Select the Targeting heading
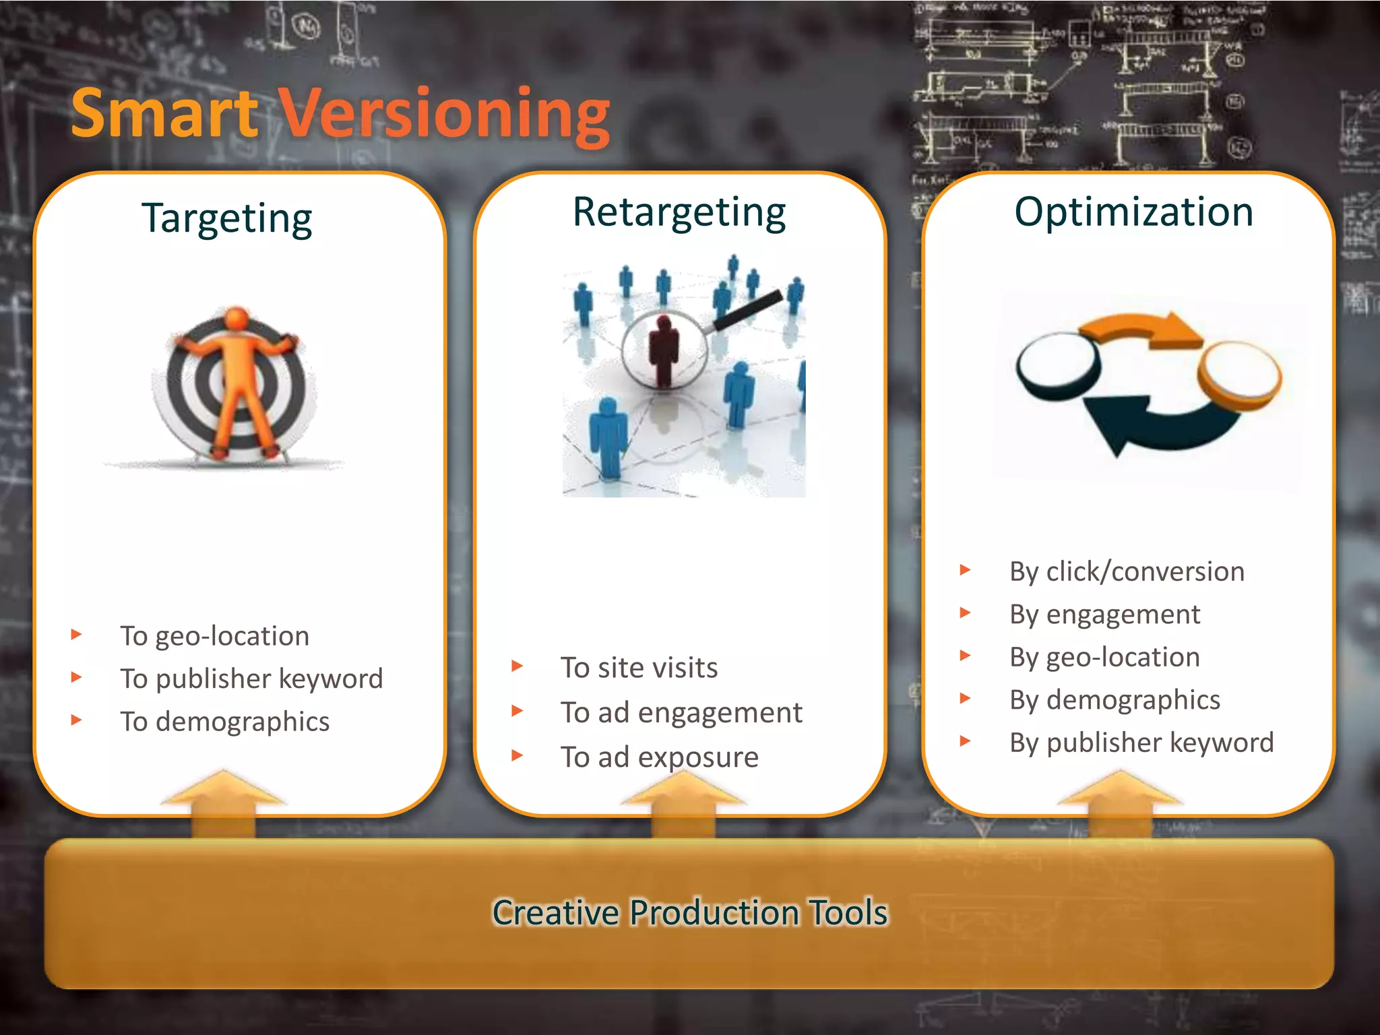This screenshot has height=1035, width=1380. pos(227,218)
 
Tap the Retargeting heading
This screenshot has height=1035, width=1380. pos(679,212)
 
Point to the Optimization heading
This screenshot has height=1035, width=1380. pos(1134,212)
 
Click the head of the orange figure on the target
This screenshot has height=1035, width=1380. pos(237,318)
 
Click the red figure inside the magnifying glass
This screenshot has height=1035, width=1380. pos(664,350)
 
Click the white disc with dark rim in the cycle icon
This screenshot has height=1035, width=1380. pos(1057,364)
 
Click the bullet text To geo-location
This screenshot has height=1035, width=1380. pos(214,636)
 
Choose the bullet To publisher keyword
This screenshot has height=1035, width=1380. pos(251,679)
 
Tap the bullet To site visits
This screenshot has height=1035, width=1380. pos(639,668)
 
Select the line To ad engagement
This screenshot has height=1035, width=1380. pos(681,712)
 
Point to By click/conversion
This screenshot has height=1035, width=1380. pos(1127,571)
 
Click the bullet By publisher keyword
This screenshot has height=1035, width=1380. pos(1141,743)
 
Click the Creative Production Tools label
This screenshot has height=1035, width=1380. pos(690,912)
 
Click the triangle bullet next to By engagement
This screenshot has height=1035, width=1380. pos(965,613)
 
